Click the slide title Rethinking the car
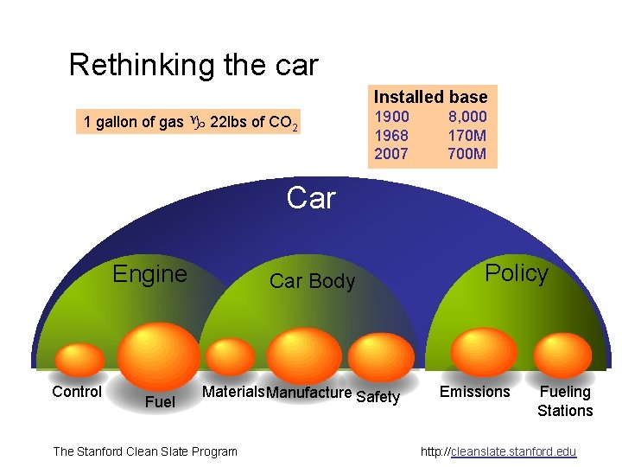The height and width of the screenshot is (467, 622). (194, 65)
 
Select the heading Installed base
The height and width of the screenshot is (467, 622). (430, 97)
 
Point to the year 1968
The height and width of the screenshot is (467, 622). (391, 136)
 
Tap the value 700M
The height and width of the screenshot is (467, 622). (467, 155)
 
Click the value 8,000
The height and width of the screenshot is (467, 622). (467, 117)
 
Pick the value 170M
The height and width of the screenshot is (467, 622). (467, 136)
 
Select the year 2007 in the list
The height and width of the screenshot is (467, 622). (391, 155)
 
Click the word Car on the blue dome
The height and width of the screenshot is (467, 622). (310, 198)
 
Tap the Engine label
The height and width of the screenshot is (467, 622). (149, 274)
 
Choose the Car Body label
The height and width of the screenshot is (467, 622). (312, 281)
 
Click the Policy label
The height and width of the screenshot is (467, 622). (516, 273)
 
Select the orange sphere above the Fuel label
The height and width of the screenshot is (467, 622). (158, 355)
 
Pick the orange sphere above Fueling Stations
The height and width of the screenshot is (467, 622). (562, 355)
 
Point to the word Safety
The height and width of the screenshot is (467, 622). (378, 397)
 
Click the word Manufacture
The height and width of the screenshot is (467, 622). (309, 393)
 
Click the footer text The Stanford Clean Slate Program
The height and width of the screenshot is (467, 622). (145, 451)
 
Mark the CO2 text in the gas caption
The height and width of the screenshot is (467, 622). (286, 123)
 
